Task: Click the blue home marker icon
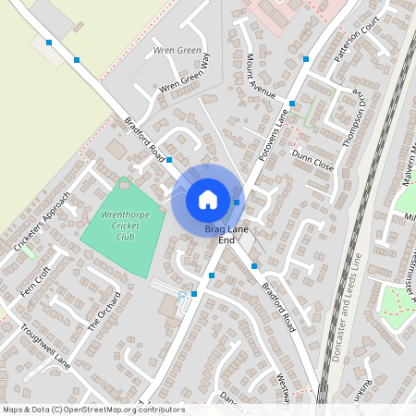pyautogui.click(x=208, y=200)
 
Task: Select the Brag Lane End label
pyautogui.click(x=226, y=233)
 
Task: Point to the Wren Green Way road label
pyautogui.click(x=185, y=76)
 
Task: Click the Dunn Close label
pyautogui.click(x=312, y=163)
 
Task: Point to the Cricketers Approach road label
pyautogui.click(x=42, y=222)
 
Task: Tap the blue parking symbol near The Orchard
pyautogui.click(x=181, y=295)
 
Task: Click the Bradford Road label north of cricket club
pyautogui.click(x=144, y=138)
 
